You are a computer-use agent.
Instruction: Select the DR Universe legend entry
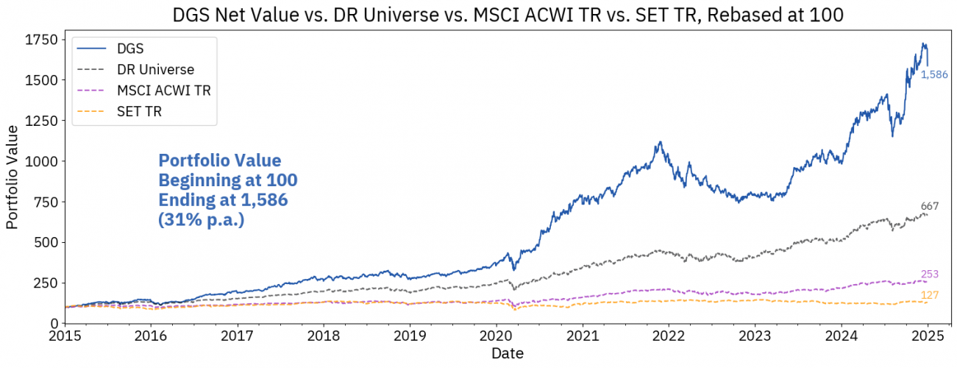click(155, 70)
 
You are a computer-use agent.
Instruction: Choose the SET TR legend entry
click(138, 112)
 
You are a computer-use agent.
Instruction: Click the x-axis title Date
click(508, 354)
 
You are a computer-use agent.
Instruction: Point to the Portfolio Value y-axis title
click(13, 177)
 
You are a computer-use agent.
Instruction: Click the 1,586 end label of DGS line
click(935, 74)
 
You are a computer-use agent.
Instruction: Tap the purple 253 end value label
click(930, 275)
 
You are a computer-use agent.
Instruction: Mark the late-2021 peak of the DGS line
click(661, 142)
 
